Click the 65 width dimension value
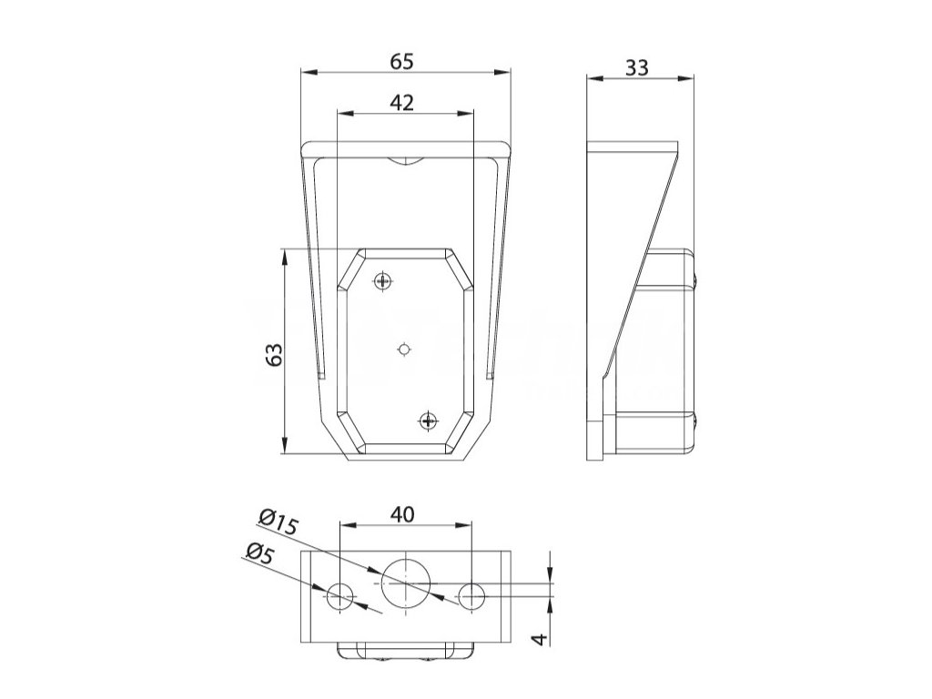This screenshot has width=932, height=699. point(401,61)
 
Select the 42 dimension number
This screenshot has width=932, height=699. point(401,103)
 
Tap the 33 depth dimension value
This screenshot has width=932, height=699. point(636,67)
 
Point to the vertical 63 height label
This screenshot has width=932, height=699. point(274,355)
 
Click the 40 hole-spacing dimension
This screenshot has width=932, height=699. point(402,515)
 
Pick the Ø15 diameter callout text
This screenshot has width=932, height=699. point(279,522)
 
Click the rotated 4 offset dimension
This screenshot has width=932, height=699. point(540,639)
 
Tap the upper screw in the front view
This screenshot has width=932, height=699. point(384,279)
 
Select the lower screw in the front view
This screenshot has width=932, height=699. point(428,420)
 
